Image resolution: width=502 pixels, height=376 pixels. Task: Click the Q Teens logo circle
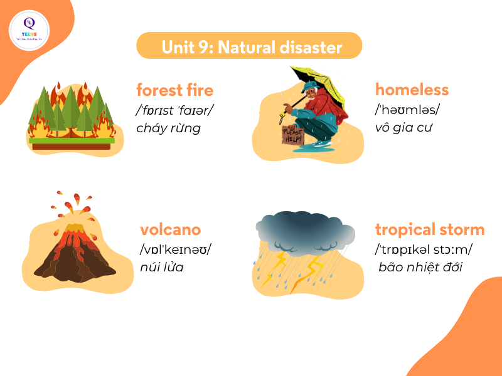pyautogui.click(x=29, y=30)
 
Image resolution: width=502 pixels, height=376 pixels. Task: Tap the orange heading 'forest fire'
pyautogui.click(x=174, y=90)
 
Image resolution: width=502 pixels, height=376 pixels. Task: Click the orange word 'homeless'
pyautogui.click(x=412, y=90)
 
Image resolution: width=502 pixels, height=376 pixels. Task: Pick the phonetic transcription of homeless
pyautogui.click(x=407, y=110)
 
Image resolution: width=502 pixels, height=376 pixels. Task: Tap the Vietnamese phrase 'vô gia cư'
pyautogui.click(x=405, y=128)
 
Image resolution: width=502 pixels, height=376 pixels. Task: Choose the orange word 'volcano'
pyautogui.click(x=170, y=229)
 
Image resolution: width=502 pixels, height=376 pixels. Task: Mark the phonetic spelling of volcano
pyautogui.click(x=175, y=249)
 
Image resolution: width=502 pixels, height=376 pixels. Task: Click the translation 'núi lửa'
pyautogui.click(x=166, y=268)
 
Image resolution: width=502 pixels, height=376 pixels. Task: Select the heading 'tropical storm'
pyautogui.click(x=430, y=229)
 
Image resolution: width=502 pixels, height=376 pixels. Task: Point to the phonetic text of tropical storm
pyautogui.click(x=424, y=249)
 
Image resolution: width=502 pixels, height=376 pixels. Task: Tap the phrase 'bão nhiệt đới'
pyautogui.click(x=420, y=268)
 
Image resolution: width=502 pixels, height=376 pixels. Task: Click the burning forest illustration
pyautogui.click(x=71, y=116)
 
